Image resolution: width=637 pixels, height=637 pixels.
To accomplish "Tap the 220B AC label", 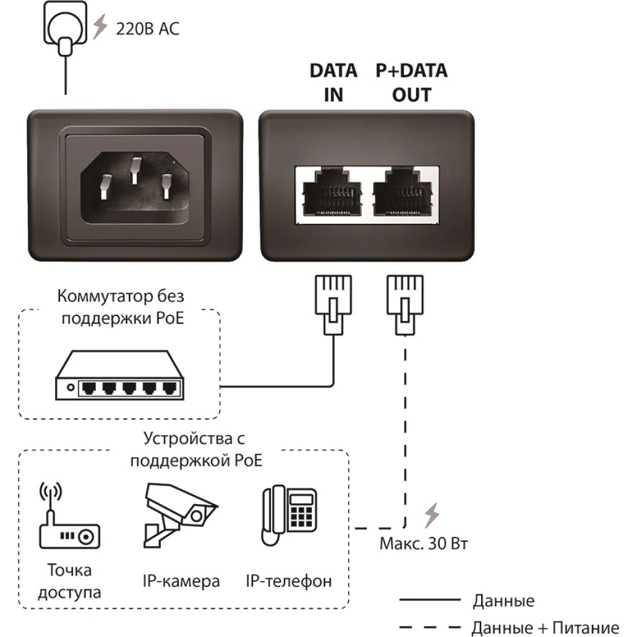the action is [147, 29].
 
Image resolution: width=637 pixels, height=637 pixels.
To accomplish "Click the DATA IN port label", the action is [333, 82].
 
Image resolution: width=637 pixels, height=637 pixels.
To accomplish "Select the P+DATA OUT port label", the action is [411, 82].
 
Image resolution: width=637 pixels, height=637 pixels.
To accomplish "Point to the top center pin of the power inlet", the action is [135, 171].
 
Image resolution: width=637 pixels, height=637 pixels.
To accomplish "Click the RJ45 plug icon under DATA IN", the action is [333, 305].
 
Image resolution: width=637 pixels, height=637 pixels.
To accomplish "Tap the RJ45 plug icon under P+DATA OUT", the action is [405, 305].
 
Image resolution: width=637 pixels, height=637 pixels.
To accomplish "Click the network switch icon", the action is [119, 375].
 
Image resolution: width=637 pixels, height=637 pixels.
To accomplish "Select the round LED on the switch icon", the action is [71, 387].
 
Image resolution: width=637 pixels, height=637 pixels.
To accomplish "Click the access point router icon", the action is [69, 515].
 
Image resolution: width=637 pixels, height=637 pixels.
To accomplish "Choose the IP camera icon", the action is [181, 515].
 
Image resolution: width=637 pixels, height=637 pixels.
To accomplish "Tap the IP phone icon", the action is [289, 515].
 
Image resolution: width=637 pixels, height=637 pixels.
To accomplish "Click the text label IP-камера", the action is [181, 581].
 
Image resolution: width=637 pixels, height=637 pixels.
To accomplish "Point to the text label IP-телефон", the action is [289, 581].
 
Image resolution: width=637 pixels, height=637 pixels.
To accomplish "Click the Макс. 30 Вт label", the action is [424, 544].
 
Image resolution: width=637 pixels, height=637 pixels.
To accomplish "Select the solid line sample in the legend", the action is [430, 600].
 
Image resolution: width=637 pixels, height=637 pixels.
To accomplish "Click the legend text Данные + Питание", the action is [545, 627].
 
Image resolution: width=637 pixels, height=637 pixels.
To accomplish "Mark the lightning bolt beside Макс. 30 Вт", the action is [432, 515].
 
